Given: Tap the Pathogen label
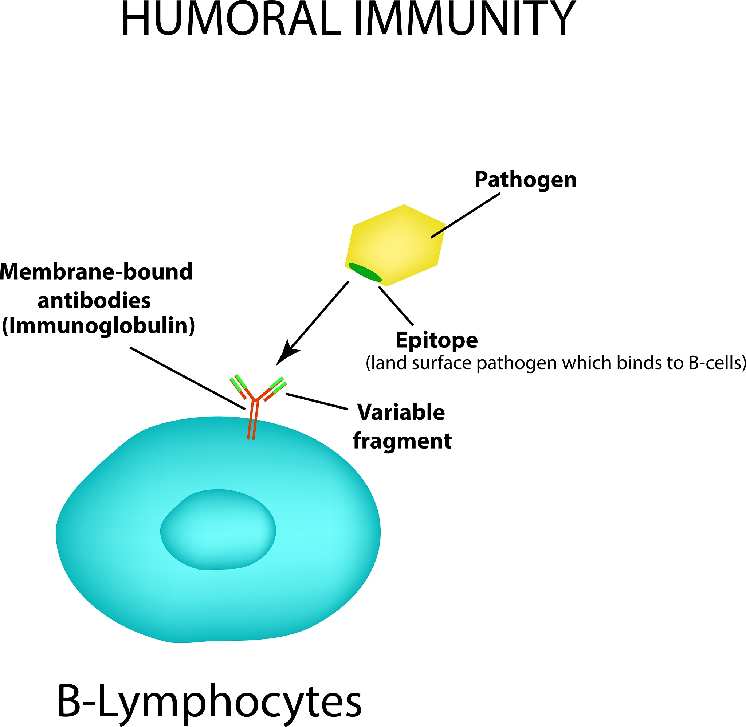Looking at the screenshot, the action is pyautogui.click(x=526, y=180).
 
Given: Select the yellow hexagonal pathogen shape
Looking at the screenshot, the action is pyautogui.click(x=395, y=245).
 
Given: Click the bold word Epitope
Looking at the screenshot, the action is pyautogui.click(x=436, y=340).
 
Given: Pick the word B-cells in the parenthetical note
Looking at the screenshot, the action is pyautogui.click(x=717, y=363).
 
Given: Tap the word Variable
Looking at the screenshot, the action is pyautogui.click(x=401, y=413).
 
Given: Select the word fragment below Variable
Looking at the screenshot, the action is pyautogui.click(x=402, y=441).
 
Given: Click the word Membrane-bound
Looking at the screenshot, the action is pyautogui.click(x=96, y=272).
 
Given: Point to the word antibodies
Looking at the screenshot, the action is pyautogui.click(x=94, y=301).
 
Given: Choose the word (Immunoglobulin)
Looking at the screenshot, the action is pyautogui.click(x=98, y=327).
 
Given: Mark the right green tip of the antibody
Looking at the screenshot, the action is pyautogui.click(x=278, y=384).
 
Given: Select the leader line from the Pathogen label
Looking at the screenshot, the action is pyautogui.click(x=465, y=215).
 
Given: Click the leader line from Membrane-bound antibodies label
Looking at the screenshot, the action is pyautogui.click(x=187, y=378).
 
